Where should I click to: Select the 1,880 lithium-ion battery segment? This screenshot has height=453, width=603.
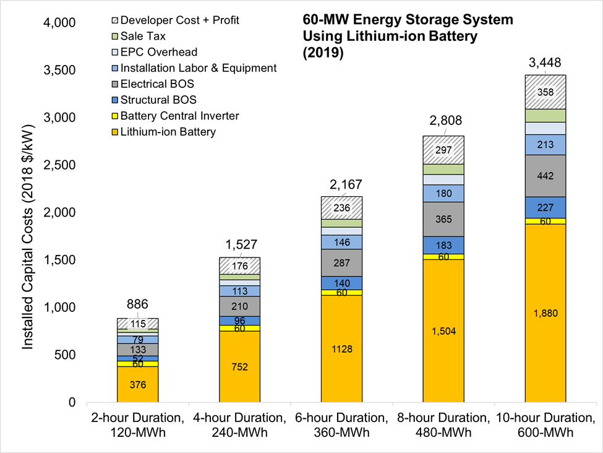545,313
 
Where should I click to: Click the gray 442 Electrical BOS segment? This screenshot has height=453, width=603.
545,176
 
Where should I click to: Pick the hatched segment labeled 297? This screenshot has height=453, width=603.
443,150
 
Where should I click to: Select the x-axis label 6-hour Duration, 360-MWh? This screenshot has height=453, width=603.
341,425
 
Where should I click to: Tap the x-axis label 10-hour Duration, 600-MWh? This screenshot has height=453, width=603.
545,425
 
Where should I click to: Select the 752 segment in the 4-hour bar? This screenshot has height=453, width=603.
239,367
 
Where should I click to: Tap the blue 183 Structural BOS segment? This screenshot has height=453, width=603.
443,245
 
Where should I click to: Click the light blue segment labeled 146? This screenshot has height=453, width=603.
341,242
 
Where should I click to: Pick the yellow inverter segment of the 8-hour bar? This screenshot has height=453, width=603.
443,257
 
